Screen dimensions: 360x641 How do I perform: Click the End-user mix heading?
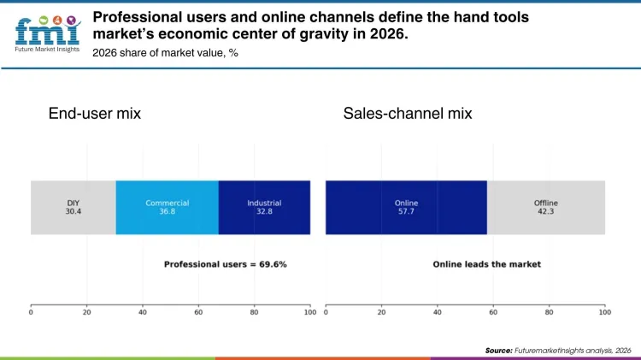(95, 114)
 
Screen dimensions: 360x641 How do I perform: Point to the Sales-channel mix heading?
(408, 114)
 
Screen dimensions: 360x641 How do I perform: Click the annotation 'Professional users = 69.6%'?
(226, 264)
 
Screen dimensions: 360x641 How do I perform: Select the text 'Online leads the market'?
(486, 264)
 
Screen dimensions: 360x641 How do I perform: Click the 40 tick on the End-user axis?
(143, 312)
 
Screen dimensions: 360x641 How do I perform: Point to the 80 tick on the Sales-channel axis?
(549, 312)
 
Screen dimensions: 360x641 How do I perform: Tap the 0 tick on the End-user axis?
(31, 312)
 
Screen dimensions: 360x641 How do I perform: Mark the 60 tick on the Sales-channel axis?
(493, 312)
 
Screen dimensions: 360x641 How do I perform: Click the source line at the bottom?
(558, 351)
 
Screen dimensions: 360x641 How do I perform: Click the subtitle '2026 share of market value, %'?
(164, 53)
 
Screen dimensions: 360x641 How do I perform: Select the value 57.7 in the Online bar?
(406, 210)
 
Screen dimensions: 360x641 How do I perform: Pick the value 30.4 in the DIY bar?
(73, 210)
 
